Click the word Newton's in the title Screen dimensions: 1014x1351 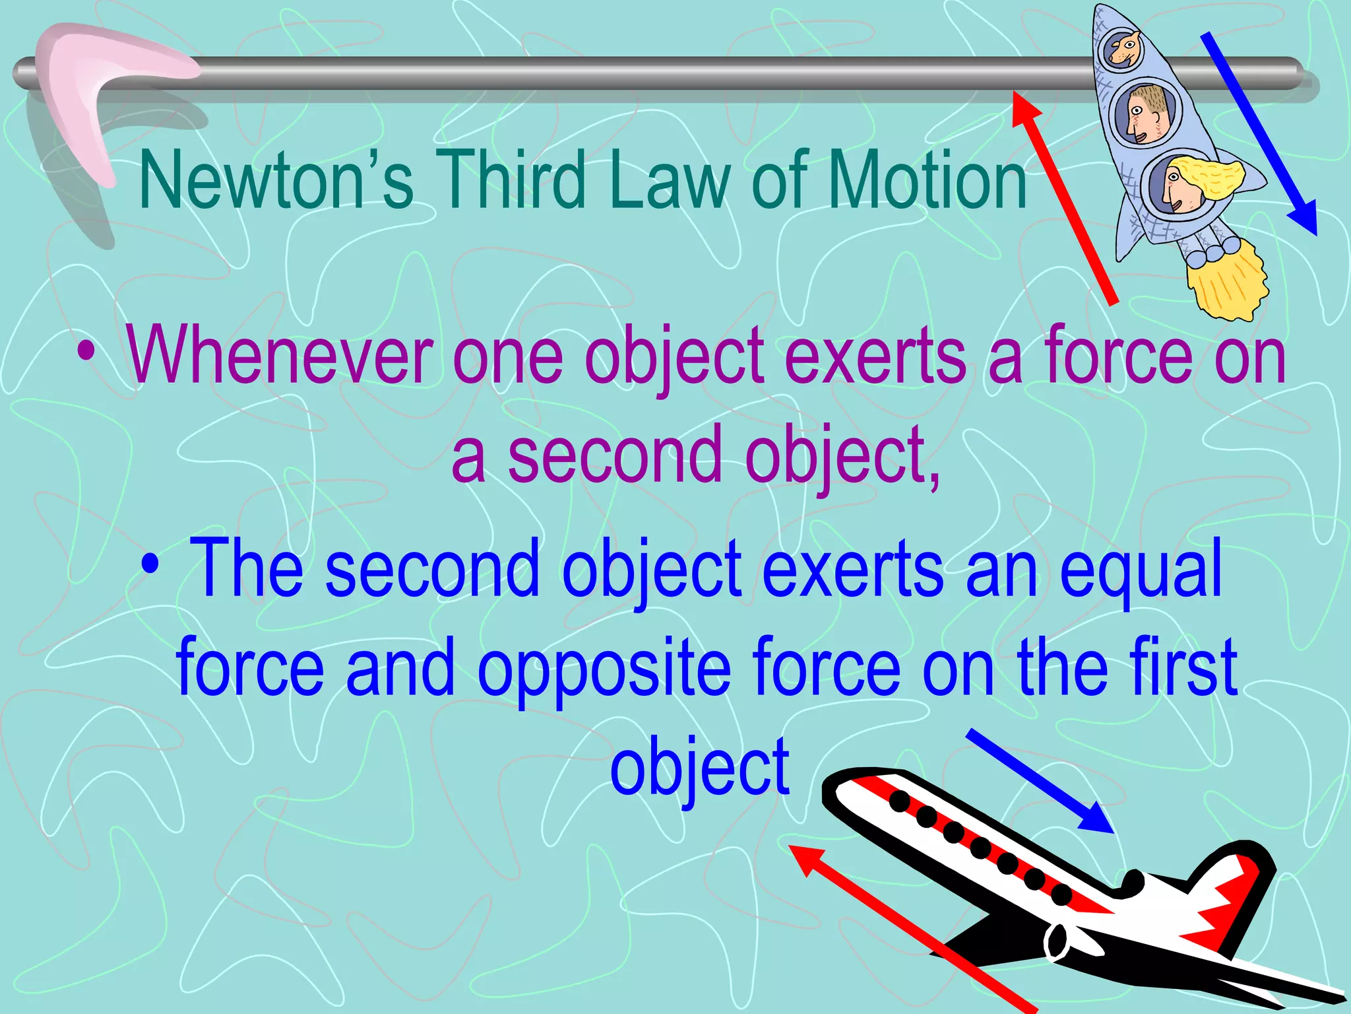276,180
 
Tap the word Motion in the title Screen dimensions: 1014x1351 927,180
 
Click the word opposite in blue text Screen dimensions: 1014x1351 604,667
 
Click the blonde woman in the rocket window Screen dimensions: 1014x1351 1187,185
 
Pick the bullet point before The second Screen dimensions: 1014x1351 150,565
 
